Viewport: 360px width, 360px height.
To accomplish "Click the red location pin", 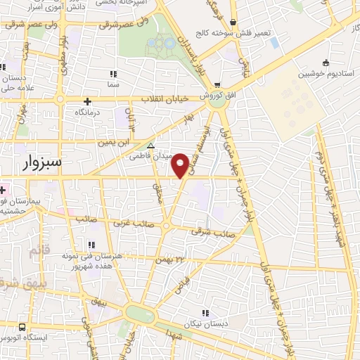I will [181, 165].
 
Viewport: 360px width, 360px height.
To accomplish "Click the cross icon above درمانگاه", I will [88, 101].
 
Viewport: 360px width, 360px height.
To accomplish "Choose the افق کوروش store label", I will [211, 95].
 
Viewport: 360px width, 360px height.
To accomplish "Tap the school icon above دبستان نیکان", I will [205, 313].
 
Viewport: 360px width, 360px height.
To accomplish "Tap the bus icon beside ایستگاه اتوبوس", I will [22, 328].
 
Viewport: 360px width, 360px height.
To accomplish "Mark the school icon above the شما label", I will [112, 73].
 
